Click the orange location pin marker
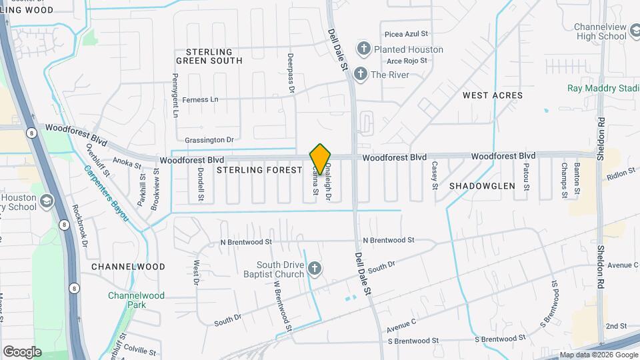click(321, 159)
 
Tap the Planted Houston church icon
click(363, 49)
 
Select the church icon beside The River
click(361, 74)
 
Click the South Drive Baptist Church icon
click(315, 270)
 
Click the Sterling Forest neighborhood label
click(260, 170)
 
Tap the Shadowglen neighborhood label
click(482, 186)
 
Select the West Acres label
click(493, 95)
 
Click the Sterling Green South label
click(209, 56)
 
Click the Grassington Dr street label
click(209, 140)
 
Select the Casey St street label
click(435, 175)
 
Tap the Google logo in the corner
click(22, 351)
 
